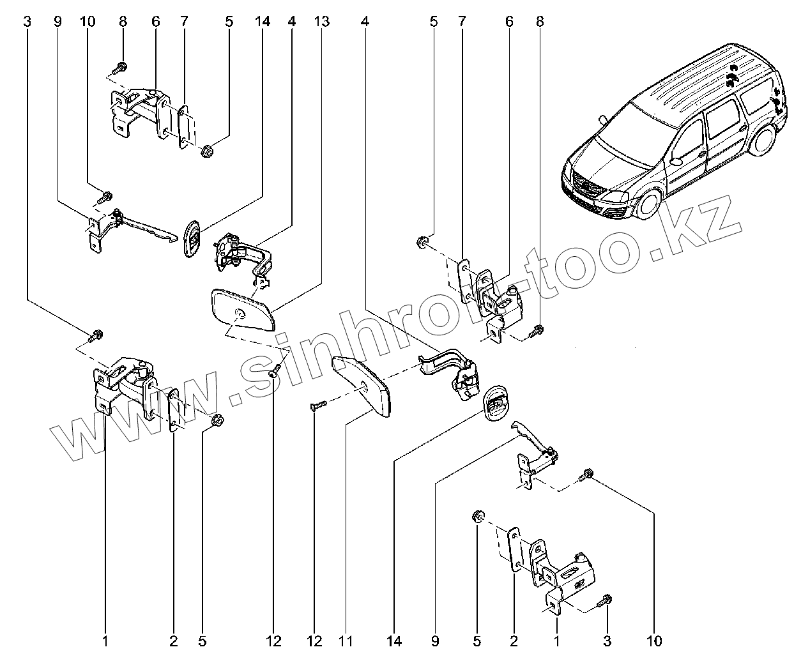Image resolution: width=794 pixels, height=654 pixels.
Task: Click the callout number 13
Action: tap(322, 22)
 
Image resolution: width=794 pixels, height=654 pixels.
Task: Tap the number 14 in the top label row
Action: tap(262, 22)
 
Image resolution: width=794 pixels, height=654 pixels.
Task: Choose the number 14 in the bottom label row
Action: tap(392, 640)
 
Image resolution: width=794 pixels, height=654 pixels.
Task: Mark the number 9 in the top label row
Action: tap(57, 22)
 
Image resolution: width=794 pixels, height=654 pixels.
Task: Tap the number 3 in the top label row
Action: tap(27, 22)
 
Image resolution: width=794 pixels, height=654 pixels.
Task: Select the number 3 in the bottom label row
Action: tap(607, 640)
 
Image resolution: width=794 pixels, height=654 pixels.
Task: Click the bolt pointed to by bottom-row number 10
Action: tap(585, 476)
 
